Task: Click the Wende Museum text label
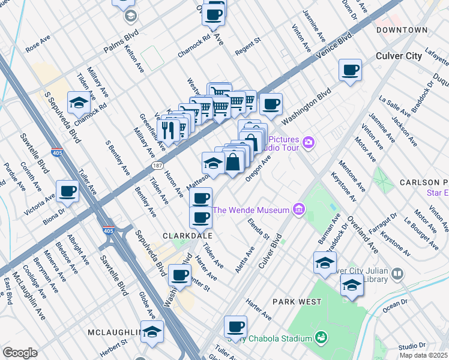[252, 210]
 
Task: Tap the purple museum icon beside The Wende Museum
[298, 209]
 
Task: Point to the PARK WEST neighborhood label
[297, 301]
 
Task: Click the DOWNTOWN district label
[402, 30]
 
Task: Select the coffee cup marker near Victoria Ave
[67, 191]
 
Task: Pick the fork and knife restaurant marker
[169, 129]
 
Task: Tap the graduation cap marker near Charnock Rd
[78, 103]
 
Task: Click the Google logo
[20, 353]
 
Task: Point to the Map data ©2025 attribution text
[423, 356]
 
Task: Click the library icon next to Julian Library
[397, 274]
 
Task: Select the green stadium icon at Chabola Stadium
[321, 338]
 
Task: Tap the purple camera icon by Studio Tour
[309, 142]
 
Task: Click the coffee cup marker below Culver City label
[350, 70]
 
